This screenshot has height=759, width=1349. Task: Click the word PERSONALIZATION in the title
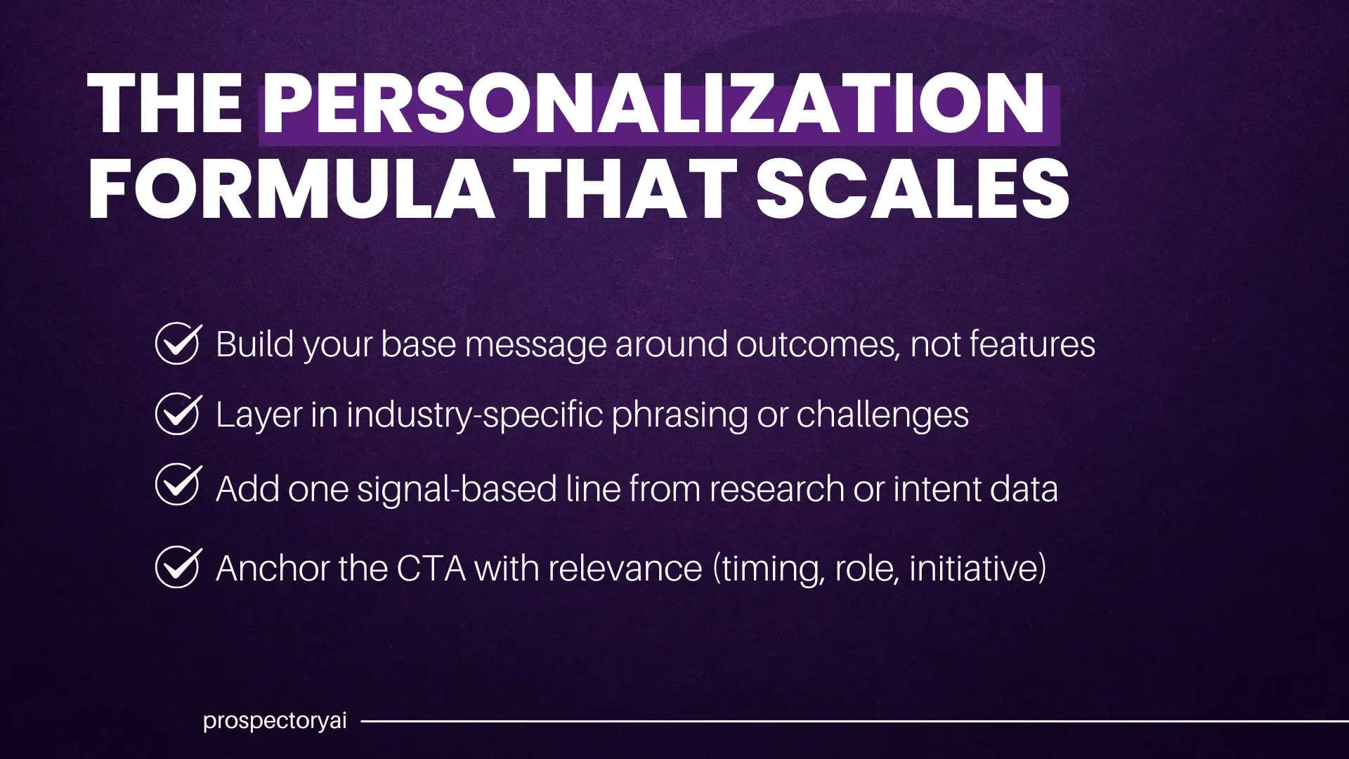653,105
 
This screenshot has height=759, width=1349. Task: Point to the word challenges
882,415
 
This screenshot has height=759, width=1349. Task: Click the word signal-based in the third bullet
457,489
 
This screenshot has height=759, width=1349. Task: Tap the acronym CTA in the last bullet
431,568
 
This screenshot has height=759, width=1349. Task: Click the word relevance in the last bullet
625,568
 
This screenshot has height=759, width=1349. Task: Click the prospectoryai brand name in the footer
275,721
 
